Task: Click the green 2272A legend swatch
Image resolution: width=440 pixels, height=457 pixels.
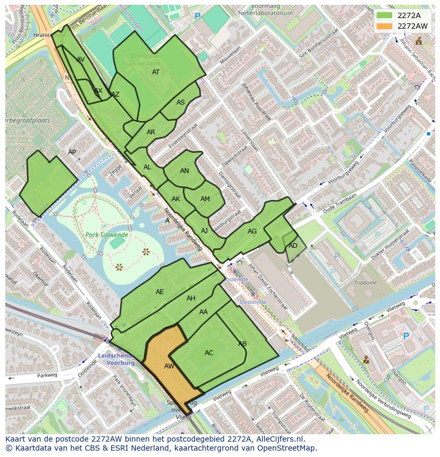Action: click(384, 15)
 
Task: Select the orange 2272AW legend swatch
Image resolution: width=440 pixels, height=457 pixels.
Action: click(384, 26)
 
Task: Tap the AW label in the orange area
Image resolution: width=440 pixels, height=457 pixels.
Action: click(169, 366)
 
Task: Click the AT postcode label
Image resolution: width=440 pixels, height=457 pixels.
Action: click(156, 72)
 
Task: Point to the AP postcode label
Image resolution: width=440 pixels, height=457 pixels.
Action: click(72, 152)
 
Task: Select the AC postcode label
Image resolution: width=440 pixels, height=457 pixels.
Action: click(209, 353)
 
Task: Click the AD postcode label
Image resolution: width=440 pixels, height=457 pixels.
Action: click(293, 246)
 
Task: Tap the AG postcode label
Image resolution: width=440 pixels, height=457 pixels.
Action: click(252, 231)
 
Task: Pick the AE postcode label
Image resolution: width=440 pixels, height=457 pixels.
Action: click(160, 292)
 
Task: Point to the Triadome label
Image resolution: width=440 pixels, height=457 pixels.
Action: click(366, 283)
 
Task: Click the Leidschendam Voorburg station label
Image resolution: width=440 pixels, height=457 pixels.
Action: click(117, 360)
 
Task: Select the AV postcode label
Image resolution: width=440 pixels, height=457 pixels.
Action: click(81, 59)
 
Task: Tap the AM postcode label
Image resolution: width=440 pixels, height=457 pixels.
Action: click(205, 199)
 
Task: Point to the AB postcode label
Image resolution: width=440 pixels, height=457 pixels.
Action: click(242, 344)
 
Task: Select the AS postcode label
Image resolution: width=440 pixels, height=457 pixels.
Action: click(181, 102)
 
